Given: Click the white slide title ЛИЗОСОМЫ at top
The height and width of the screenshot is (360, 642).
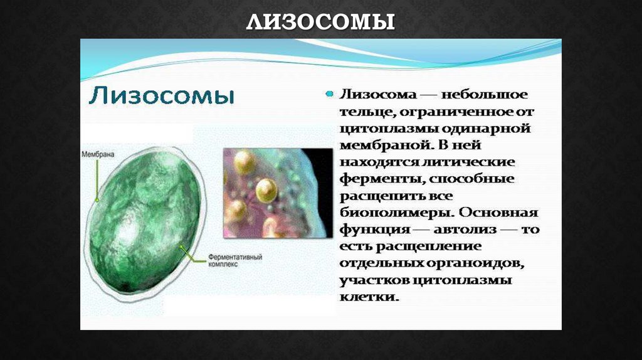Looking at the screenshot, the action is [x=320, y=21].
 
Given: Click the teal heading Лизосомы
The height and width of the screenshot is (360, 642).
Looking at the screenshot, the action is [x=161, y=96].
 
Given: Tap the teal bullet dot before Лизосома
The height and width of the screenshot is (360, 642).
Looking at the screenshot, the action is [x=329, y=94].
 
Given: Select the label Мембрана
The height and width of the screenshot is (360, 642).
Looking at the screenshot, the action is [x=98, y=154].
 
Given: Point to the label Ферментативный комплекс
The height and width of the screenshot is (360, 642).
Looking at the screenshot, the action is [x=235, y=260].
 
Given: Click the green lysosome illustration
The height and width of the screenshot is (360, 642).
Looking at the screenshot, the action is [x=145, y=223].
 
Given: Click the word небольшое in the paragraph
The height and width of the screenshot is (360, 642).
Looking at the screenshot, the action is [x=485, y=95].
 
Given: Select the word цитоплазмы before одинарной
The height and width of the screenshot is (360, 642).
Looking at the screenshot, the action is [x=389, y=129].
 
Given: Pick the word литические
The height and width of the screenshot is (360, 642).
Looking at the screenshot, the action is [x=468, y=162].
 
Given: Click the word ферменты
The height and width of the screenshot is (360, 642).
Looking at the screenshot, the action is [x=382, y=179].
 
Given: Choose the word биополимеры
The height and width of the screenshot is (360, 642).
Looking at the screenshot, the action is [x=396, y=213].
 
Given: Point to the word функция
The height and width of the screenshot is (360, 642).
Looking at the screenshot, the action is [x=375, y=230].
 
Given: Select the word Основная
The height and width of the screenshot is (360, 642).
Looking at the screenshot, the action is [x=498, y=213].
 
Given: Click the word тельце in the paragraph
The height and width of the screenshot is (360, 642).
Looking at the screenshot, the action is [x=366, y=112].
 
